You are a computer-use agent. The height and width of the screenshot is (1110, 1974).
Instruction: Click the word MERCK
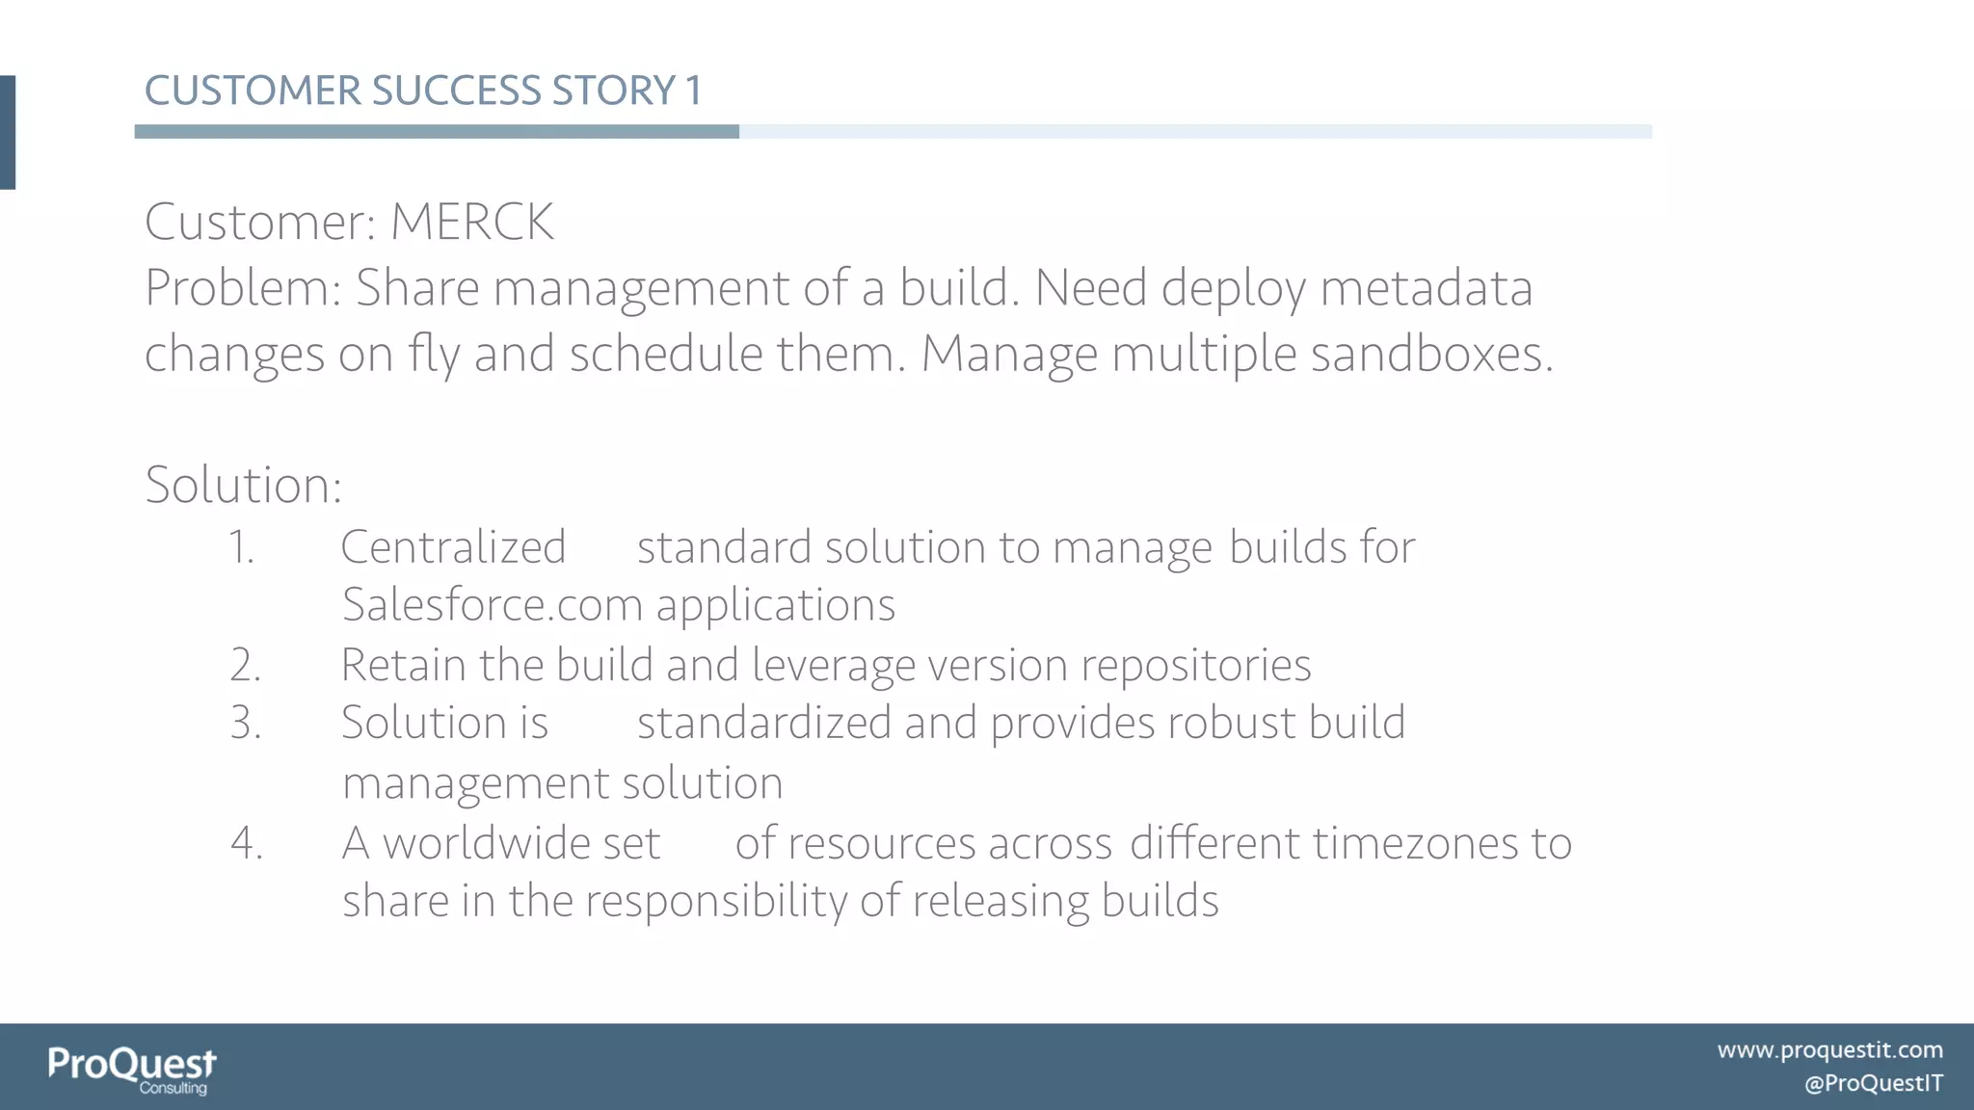471,223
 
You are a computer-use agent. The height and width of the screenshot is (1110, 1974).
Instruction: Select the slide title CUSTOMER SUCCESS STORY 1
423,91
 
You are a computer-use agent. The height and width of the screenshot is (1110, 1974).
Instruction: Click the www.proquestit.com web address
1829,1050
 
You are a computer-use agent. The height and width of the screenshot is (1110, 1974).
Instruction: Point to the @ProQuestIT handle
1873,1084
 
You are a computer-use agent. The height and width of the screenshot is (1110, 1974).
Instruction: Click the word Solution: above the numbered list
243,485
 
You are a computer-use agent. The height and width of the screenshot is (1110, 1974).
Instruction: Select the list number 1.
241,547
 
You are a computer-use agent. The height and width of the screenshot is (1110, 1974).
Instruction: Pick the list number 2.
245,666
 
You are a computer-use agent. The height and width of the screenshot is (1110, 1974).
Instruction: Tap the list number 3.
245,724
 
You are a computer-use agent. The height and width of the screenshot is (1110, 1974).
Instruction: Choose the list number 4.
246,843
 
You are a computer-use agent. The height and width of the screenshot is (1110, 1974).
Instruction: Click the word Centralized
453,547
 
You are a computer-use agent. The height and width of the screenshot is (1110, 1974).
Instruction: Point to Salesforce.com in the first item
493,605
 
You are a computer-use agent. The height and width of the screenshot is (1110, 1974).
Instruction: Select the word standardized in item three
763,724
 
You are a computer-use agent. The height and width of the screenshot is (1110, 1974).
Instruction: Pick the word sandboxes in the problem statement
1430,354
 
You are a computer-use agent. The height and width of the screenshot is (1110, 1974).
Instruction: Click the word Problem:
243,288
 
